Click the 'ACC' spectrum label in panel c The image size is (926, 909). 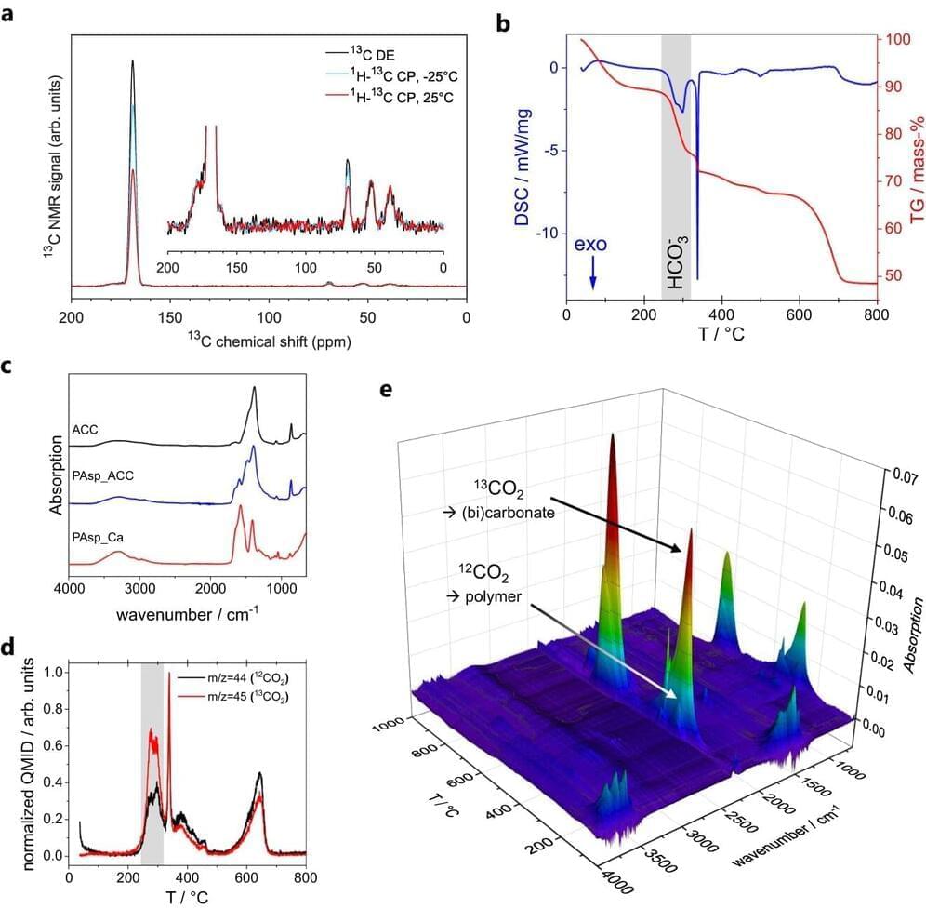[84, 429]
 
